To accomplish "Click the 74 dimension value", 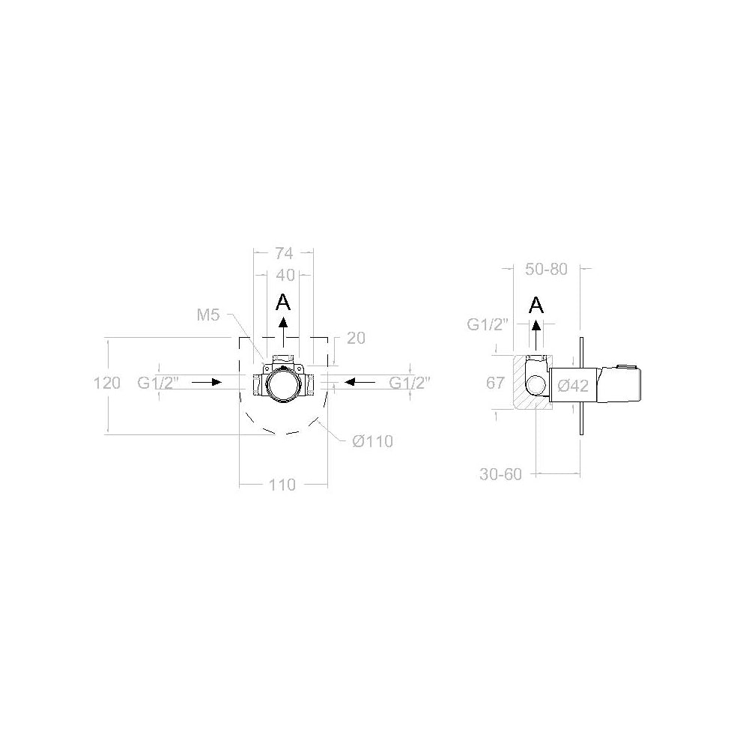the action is pos(284,253).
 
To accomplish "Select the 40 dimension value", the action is pos(285,275).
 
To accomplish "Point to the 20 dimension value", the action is pos(356,339).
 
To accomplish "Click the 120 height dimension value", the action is pos(107,383).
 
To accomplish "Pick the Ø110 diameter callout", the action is pos(372,441).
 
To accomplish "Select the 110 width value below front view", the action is pos(282,485).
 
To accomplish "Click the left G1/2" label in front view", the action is pos(158,382).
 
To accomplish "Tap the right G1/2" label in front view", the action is pos(410,382).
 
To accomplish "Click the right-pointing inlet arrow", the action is pos(207,382).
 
